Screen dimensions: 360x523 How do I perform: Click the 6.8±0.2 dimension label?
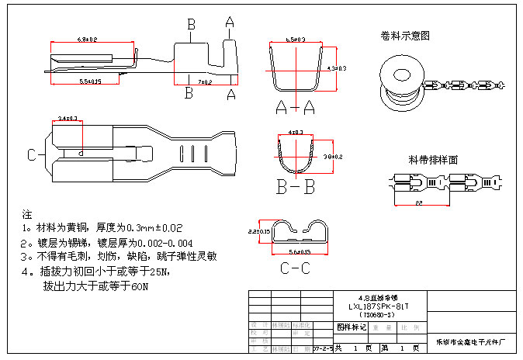pos(87,39)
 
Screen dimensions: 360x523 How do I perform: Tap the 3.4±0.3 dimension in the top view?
pos(68,119)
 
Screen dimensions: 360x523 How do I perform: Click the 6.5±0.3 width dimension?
pos(296,38)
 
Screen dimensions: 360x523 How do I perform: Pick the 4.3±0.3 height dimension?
pos(337,69)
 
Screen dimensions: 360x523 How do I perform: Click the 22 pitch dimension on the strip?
pos(418,202)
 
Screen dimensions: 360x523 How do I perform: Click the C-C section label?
pos(296,269)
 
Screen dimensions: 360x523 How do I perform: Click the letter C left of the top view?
pos(32,155)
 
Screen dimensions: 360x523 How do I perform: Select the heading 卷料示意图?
pos(405,36)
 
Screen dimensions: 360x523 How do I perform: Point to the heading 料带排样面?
pos(433,160)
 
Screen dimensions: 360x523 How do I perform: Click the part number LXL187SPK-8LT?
pos(378,306)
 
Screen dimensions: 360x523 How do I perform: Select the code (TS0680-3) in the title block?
pos(378,314)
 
